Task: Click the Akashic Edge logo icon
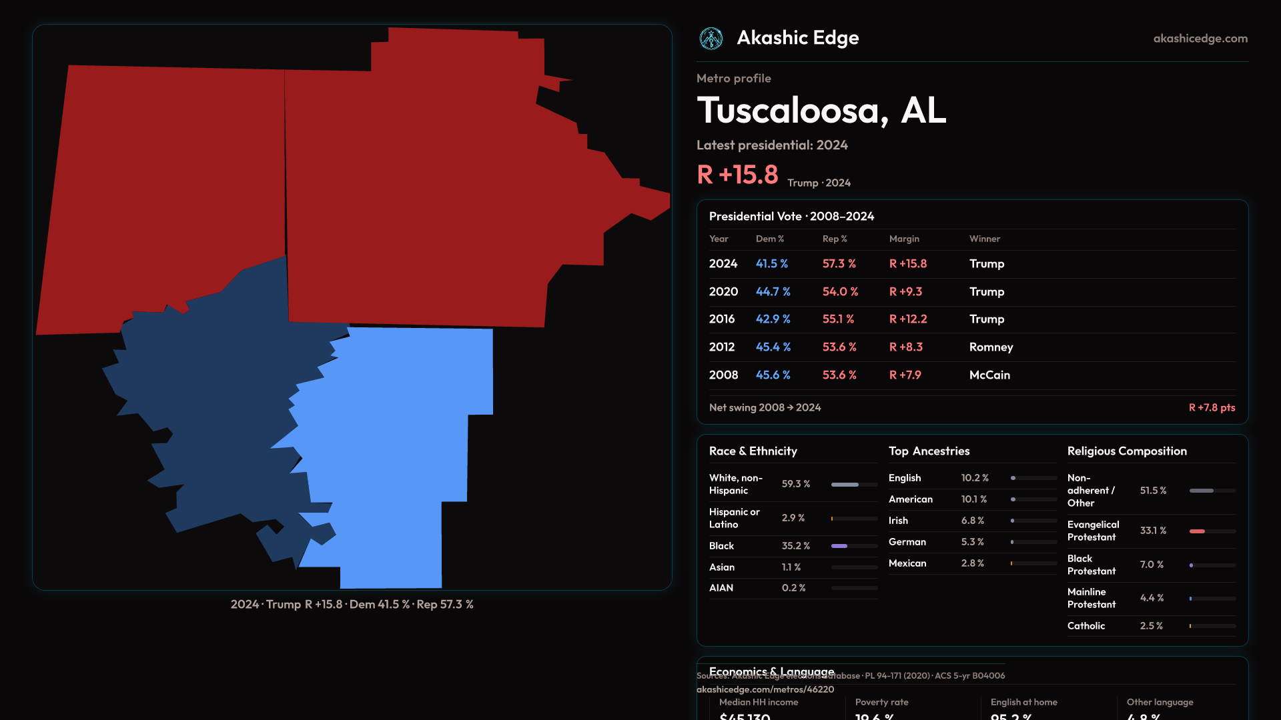(x=711, y=39)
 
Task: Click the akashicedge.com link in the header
(x=1200, y=39)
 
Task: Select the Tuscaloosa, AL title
(x=821, y=111)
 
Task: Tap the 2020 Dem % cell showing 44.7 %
(x=773, y=292)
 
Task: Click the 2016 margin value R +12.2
(x=907, y=319)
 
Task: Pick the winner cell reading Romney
(x=991, y=347)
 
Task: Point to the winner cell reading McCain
(x=989, y=375)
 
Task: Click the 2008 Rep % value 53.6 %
(x=839, y=375)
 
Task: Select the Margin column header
(x=904, y=239)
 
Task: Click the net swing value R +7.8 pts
(x=1212, y=408)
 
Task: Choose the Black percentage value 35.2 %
(x=795, y=546)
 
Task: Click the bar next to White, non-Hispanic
(x=854, y=485)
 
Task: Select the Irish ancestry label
(x=898, y=521)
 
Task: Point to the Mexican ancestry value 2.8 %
(x=972, y=563)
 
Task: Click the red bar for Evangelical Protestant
(x=1198, y=531)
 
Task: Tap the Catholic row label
(x=1086, y=626)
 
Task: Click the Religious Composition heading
(x=1126, y=451)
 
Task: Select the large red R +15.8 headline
(x=737, y=175)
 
